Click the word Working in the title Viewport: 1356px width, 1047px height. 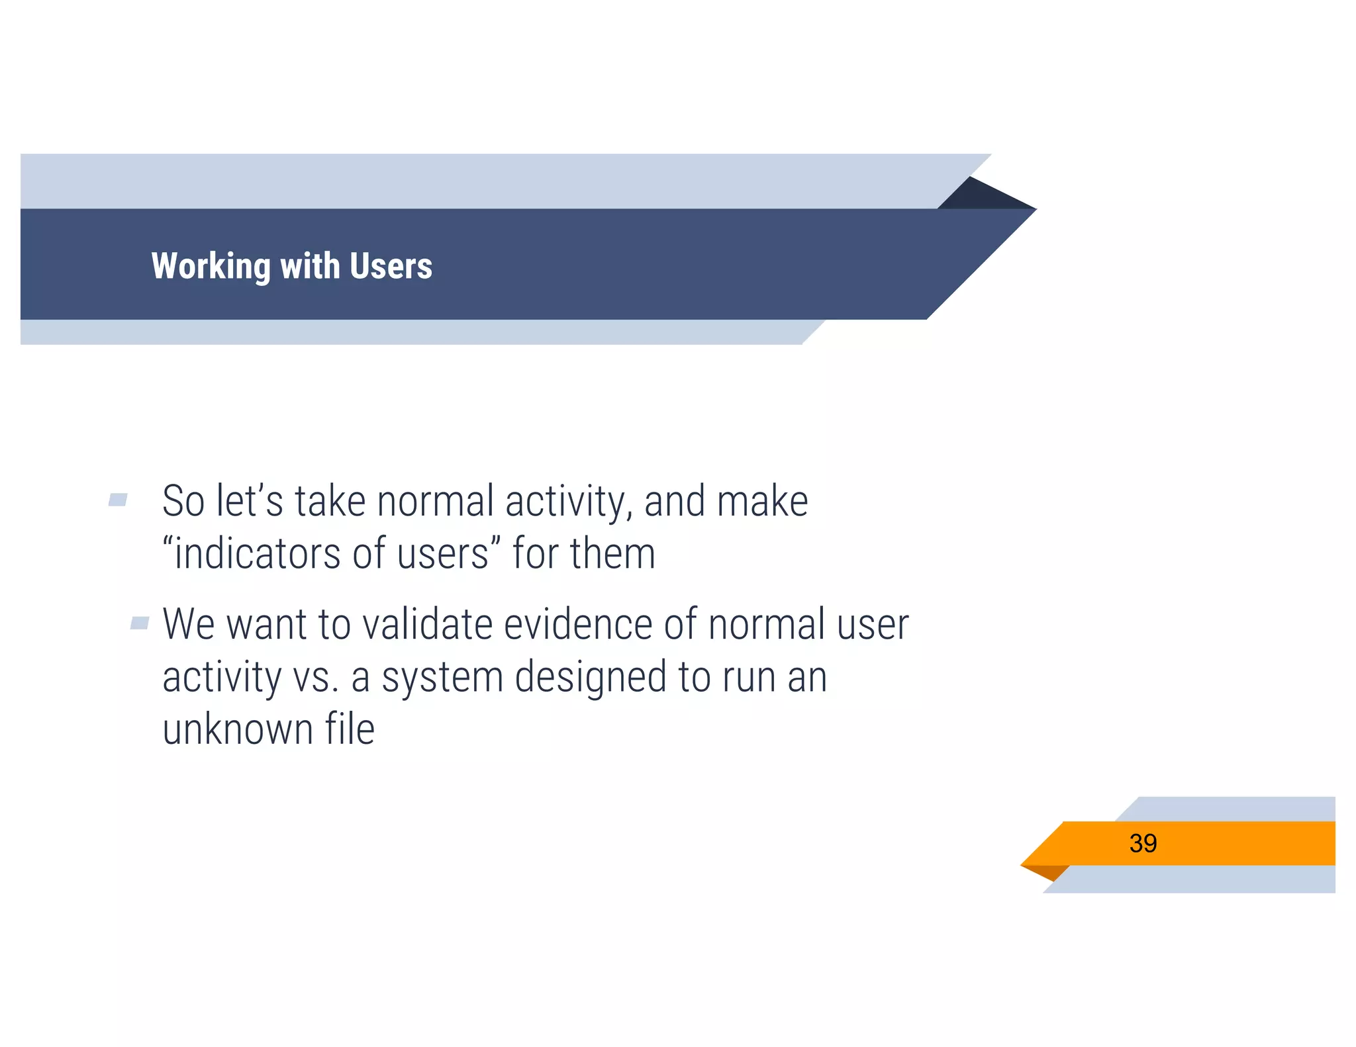click(211, 267)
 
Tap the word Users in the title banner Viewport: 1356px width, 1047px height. click(391, 266)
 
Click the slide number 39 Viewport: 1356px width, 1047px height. click(1143, 843)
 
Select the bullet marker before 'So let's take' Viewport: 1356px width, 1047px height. click(118, 500)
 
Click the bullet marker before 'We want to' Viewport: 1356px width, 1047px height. click(140, 623)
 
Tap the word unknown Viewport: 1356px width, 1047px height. click(238, 729)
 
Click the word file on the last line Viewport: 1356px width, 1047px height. click(350, 729)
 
